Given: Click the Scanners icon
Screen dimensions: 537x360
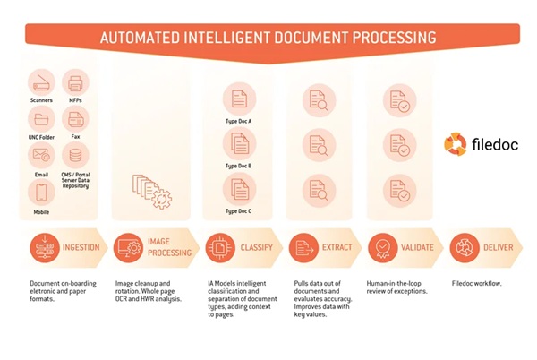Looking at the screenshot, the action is click(41, 82).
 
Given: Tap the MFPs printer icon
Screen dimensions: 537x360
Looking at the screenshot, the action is click(75, 82).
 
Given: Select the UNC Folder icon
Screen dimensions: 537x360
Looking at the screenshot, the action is click(41, 119).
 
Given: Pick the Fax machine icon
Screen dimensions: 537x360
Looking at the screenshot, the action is click(75, 119).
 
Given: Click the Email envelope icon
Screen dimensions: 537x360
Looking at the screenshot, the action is click(41, 155).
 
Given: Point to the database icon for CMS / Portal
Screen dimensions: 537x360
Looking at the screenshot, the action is click(75, 155).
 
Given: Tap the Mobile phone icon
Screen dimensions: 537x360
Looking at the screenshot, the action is click(41, 193).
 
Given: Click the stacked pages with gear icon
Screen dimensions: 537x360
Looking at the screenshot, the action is click(152, 192).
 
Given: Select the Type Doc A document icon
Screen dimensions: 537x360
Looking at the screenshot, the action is click(239, 99).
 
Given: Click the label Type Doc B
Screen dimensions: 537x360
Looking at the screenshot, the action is click(238, 166).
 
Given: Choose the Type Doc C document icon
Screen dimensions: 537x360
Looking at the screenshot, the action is click(239, 190).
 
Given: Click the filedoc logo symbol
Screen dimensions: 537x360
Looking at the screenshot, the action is click(456, 144).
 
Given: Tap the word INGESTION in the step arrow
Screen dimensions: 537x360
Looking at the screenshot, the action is click(81, 247).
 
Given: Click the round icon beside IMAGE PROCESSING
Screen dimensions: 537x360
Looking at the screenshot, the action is click(128, 248).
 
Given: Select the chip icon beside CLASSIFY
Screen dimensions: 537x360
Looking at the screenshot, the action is click(220, 248).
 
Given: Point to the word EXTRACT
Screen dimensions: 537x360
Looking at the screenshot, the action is click(337, 247).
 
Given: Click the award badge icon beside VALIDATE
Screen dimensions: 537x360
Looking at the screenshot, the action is click(383, 248).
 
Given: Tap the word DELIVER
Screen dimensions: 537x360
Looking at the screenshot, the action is click(499, 247).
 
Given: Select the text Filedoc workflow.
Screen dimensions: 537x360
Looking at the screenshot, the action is click(477, 283).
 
